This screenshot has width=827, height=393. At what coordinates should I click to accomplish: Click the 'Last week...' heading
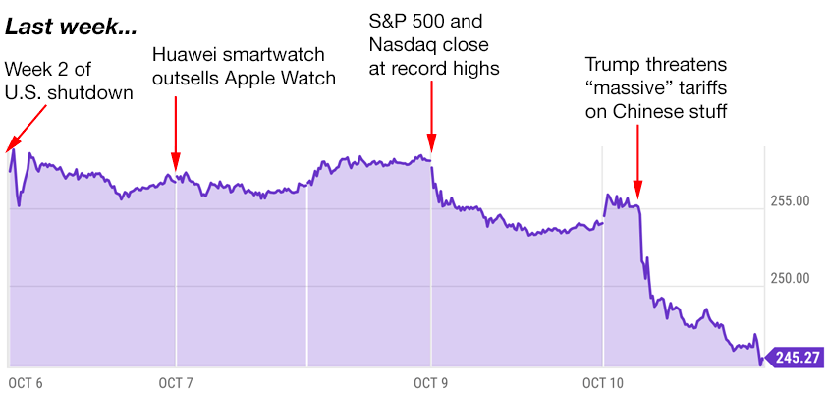71,28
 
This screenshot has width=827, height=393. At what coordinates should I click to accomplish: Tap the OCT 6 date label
25,383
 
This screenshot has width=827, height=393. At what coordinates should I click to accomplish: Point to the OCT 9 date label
429,383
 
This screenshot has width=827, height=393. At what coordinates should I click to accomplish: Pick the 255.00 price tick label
789,201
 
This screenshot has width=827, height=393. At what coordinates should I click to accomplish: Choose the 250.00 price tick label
789,278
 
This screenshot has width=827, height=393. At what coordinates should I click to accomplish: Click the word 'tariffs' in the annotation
702,88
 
